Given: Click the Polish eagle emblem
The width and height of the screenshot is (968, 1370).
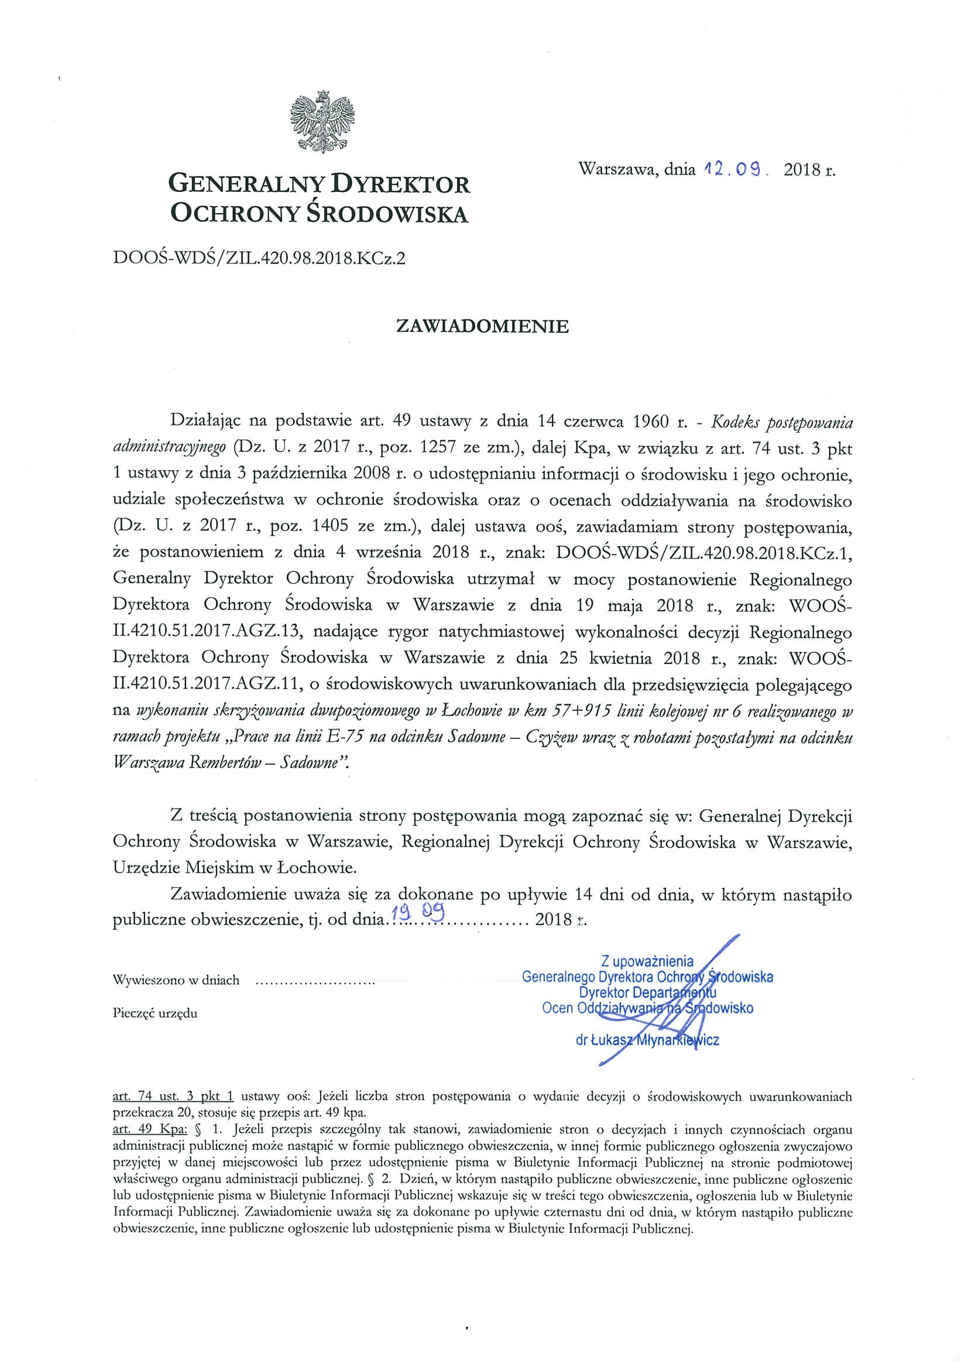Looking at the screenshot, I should coord(322,121).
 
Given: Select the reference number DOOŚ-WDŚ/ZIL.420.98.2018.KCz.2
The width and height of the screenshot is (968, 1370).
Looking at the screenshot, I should coord(258,259).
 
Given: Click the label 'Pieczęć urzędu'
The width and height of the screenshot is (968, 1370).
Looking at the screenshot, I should coord(155,1013).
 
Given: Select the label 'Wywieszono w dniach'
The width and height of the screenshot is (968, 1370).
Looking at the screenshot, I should coord(176,980).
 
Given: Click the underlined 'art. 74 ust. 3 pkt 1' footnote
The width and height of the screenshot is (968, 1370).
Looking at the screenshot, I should coord(173,1096).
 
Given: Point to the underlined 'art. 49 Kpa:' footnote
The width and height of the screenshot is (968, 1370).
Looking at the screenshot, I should coord(150,1129).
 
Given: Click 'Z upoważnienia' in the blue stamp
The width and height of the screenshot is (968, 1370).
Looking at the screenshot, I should coord(648,961).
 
